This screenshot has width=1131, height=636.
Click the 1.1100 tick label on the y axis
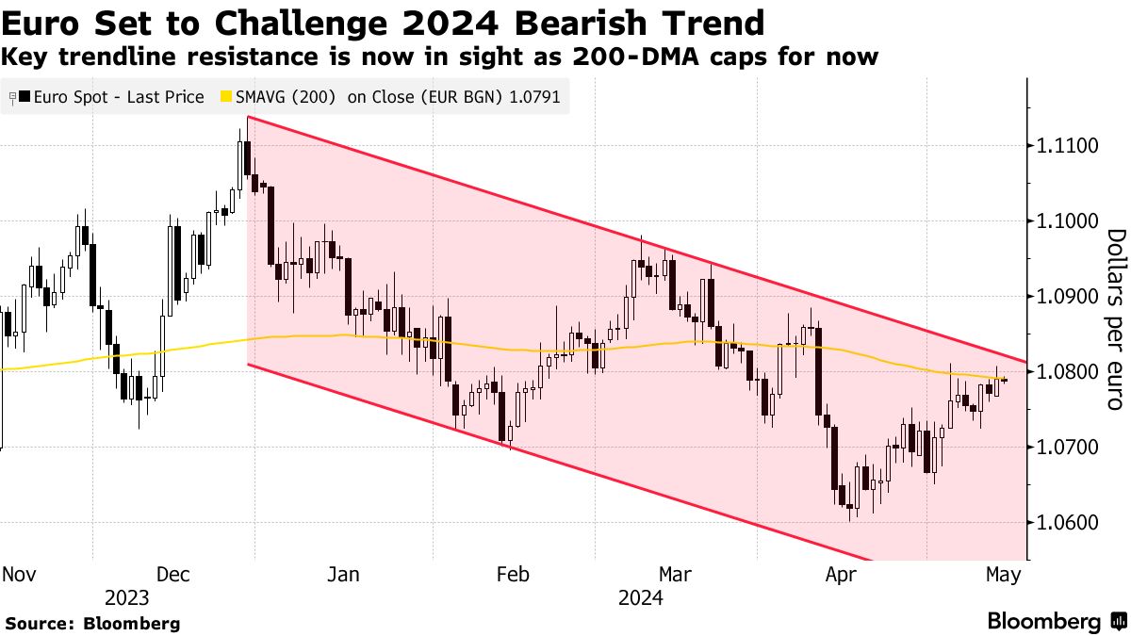[x=1069, y=146]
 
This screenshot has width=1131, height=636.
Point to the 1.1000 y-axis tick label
[x=1069, y=221]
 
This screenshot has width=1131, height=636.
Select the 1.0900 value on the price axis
[x=1069, y=297]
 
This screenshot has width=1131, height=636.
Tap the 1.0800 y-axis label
[x=1069, y=372]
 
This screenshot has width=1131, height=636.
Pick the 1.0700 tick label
[x=1069, y=447]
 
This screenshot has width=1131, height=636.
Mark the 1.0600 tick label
[x=1069, y=522]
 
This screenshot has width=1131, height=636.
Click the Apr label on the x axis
[x=841, y=574]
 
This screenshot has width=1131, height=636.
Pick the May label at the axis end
[x=1003, y=574]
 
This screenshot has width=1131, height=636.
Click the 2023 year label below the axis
[x=128, y=597]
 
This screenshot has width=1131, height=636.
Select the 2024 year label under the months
[x=641, y=597]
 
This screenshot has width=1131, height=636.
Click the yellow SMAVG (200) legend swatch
[x=226, y=96]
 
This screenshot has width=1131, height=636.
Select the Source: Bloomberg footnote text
[x=92, y=623]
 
